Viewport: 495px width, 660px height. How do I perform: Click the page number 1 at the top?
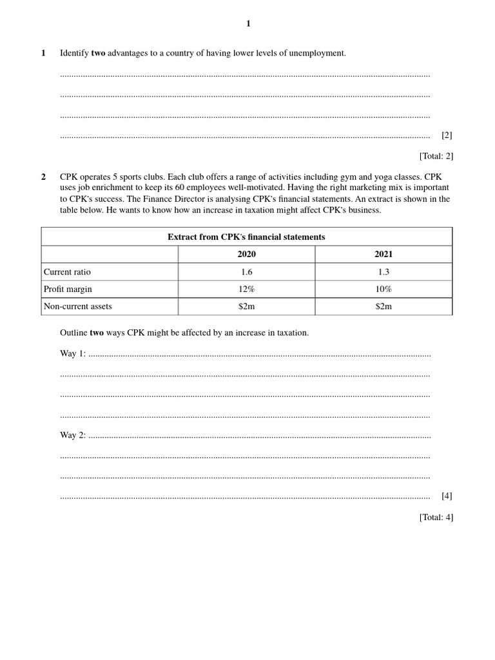pyautogui.click(x=248, y=24)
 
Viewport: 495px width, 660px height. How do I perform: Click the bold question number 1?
pyautogui.click(x=43, y=53)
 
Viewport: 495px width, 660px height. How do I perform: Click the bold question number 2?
pyautogui.click(x=43, y=176)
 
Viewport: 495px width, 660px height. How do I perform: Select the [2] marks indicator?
pyautogui.click(x=447, y=135)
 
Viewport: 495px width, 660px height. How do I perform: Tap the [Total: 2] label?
pyautogui.click(x=436, y=155)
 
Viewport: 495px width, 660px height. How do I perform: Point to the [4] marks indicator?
pyautogui.click(x=447, y=496)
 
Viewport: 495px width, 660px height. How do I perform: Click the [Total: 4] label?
pyautogui.click(x=436, y=516)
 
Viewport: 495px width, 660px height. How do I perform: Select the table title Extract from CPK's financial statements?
pyautogui.click(x=246, y=237)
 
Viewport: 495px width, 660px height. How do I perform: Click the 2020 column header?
pyautogui.click(x=246, y=255)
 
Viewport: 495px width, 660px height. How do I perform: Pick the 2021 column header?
pyautogui.click(x=383, y=255)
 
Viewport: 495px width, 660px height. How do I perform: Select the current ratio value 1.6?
pyautogui.click(x=246, y=272)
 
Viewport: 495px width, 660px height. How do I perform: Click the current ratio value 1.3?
pyautogui.click(x=383, y=272)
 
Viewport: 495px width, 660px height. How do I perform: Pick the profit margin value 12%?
pyautogui.click(x=246, y=289)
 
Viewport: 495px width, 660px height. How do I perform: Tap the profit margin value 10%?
pyautogui.click(x=383, y=289)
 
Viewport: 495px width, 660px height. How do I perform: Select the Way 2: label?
pyautogui.click(x=72, y=435)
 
